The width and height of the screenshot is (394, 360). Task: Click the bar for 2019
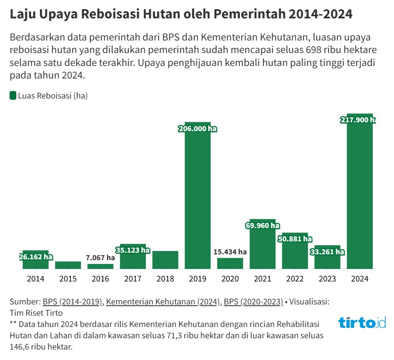198,200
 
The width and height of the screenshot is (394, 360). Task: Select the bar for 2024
360,196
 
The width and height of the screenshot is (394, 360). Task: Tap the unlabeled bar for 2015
68,265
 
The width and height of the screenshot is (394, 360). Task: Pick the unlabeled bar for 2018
165,260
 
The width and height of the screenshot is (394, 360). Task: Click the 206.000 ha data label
198,129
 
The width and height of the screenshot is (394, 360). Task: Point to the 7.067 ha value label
100,258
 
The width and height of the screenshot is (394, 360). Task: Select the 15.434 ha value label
230,252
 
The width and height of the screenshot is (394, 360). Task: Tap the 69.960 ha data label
262,226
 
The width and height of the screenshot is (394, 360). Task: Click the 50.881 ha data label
295,239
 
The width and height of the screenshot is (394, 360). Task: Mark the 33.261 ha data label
327,252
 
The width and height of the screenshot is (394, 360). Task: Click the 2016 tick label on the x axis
100,279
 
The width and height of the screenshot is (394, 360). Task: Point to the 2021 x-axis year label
262,279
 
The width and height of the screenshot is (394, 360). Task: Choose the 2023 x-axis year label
327,279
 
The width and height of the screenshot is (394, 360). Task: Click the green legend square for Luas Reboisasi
13,96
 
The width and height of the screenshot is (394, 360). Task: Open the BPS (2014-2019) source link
73,302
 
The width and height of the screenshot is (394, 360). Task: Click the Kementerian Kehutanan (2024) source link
163,302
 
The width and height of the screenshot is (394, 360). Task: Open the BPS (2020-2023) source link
253,302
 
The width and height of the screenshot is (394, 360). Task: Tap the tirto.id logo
362,322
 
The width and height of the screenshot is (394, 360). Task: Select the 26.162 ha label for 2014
36,257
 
